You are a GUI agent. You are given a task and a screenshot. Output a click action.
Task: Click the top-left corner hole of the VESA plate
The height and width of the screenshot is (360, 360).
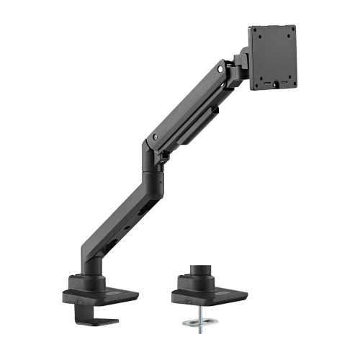coord(255,30)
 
